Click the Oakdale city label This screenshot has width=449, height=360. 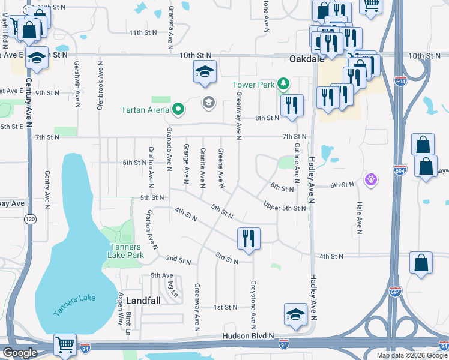(306, 59)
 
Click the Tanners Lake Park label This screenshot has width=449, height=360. (125, 251)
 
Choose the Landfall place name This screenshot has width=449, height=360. (143, 301)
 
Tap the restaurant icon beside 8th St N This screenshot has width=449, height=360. (292, 106)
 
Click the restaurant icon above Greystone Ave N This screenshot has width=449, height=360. (249, 238)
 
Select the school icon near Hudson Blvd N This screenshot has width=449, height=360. (295, 315)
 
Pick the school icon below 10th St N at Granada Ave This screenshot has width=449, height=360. (204, 71)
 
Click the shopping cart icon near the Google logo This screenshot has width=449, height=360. (65, 344)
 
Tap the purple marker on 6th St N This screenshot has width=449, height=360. (372, 179)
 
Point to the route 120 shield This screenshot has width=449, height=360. (30, 220)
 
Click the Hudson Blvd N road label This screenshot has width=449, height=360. (248, 336)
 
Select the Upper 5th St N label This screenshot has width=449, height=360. (285, 208)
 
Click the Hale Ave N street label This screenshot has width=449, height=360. (359, 217)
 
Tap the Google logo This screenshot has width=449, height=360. (20, 353)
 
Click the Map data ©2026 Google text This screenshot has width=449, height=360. (412, 355)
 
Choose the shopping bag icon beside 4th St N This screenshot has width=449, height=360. (421, 262)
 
